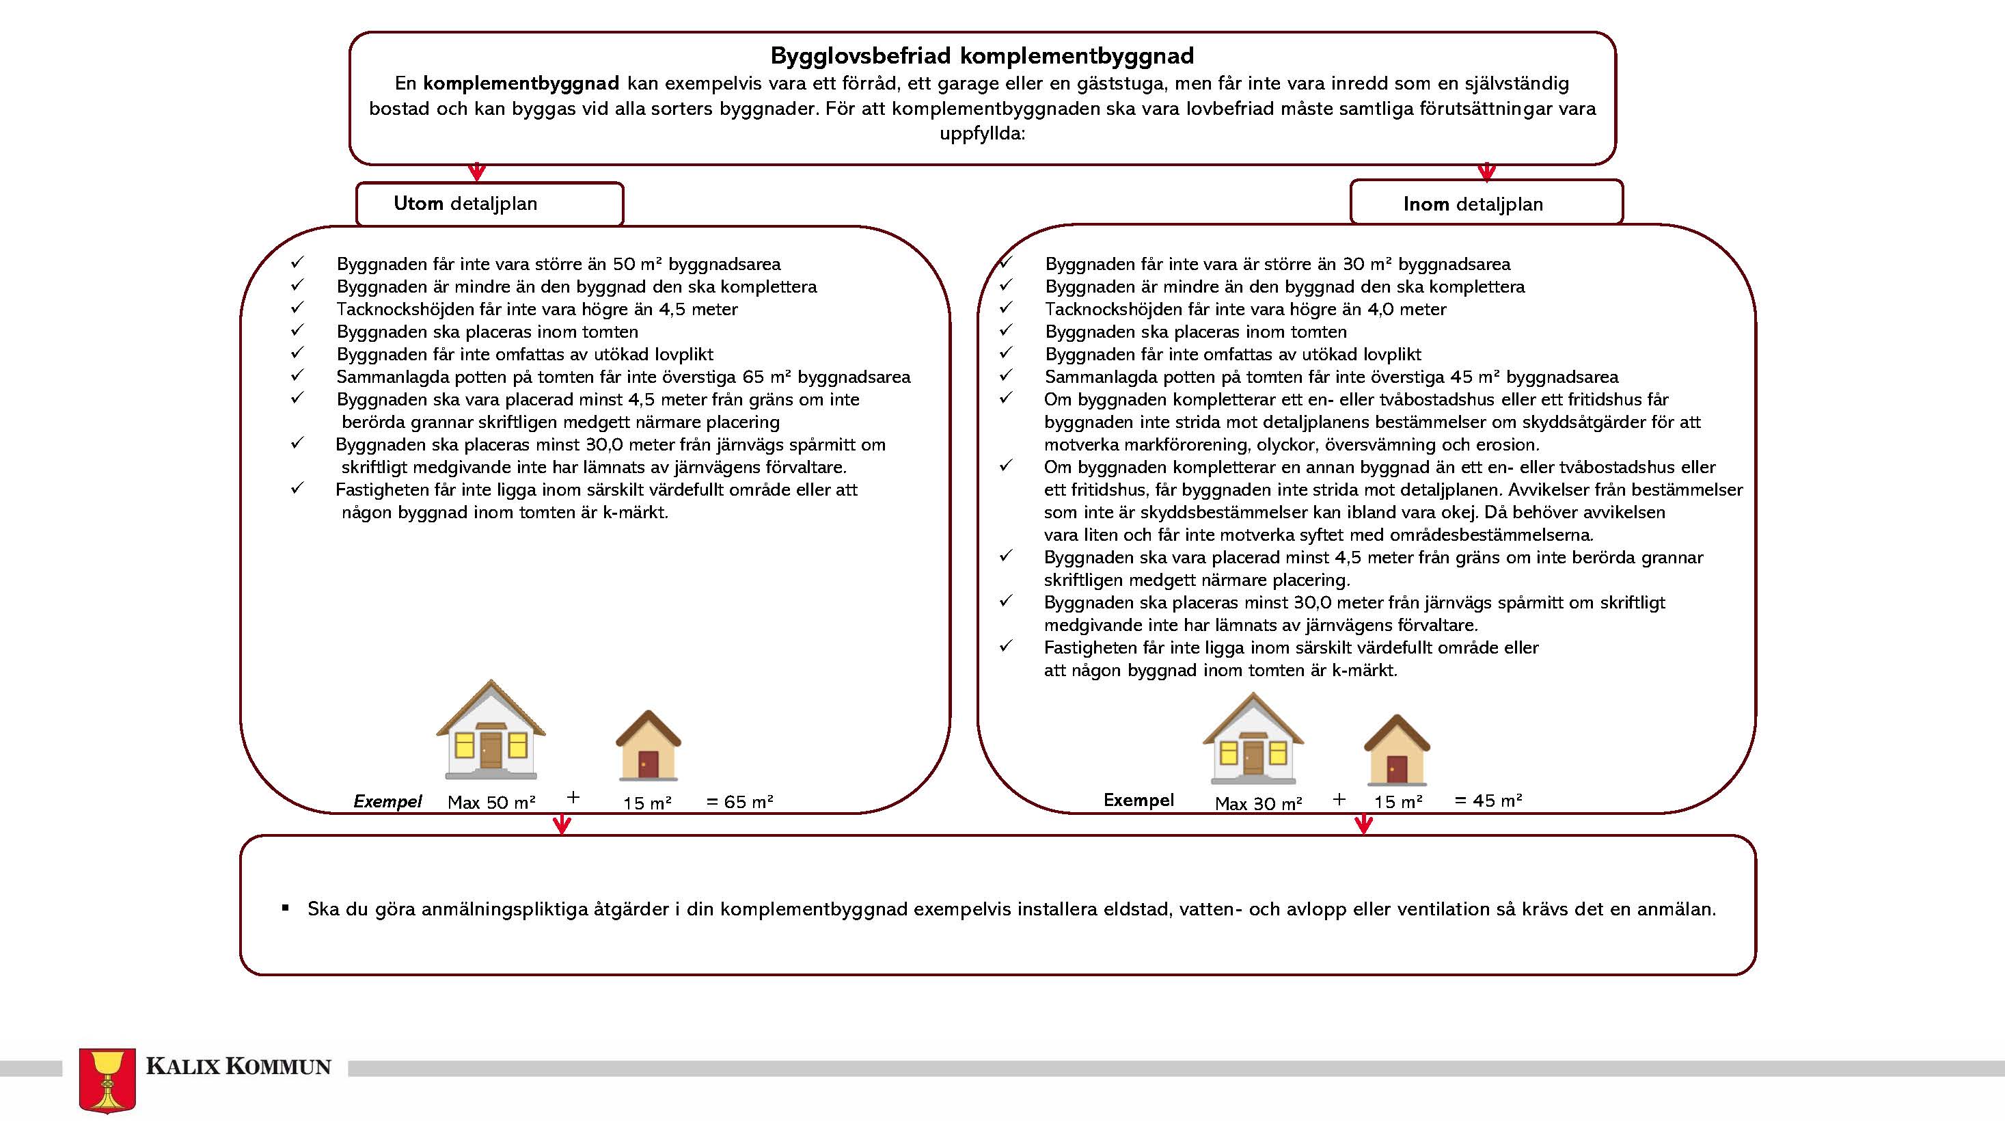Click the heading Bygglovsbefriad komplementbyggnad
click(981, 56)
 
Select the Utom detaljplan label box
click(489, 204)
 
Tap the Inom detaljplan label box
click(1486, 204)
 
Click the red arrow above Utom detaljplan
click(477, 172)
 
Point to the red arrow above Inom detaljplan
click(1486, 172)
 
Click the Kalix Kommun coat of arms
click(107, 1079)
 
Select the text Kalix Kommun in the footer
click(238, 1066)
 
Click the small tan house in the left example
click(649, 745)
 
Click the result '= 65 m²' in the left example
click(739, 802)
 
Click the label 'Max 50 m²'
click(491, 803)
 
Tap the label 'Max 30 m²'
click(1258, 803)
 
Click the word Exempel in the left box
click(387, 801)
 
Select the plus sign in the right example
click(1339, 799)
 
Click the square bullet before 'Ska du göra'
click(286, 908)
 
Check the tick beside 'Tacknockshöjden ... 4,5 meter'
click(297, 308)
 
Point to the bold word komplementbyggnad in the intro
click(521, 83)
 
